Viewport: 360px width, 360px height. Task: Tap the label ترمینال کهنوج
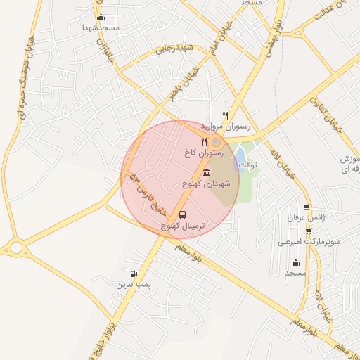pos(184,226)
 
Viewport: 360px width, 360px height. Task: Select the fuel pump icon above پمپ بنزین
pos(134,274)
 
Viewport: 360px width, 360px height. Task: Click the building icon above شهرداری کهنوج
pos(205,172)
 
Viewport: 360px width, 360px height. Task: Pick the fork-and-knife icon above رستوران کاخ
pos(204,141)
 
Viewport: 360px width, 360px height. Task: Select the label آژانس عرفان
pos(302,219)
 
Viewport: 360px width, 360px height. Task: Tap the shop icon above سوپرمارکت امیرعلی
pos(307,230)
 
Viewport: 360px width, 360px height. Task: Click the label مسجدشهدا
pos(101,27)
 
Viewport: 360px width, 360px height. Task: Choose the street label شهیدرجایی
pos(175,48)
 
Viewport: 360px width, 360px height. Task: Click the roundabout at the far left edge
pos(15,247)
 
